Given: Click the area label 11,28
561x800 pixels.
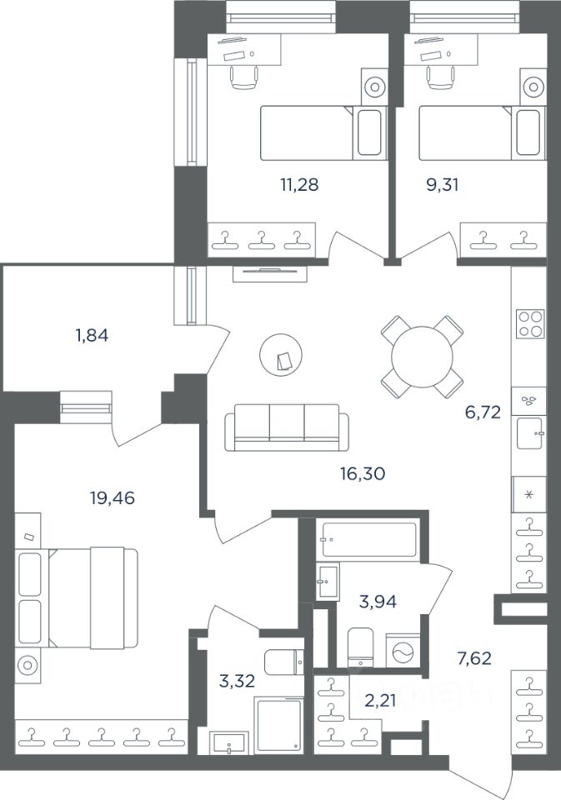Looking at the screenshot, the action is point(299,185).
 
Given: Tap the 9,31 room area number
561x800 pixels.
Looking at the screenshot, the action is point(443,185).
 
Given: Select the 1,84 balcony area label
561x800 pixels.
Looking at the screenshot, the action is point(92,336).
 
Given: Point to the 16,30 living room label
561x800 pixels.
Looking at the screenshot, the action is point(363,474).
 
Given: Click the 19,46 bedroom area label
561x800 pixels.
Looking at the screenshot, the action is point(113,497).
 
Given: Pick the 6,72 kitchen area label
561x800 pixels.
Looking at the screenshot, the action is point(483,412).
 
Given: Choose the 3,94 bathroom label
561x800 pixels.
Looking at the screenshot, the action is point(378,602).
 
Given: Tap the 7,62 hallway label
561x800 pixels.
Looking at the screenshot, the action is point(474,658).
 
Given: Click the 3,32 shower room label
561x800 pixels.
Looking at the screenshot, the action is point(236,681).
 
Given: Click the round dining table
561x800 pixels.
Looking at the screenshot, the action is point(422,357).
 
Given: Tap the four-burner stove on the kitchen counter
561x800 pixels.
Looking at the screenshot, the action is point(531,324).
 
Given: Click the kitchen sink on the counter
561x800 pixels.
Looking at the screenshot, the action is point(530,433).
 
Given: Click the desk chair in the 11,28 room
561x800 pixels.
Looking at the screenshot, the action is point(243,77).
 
